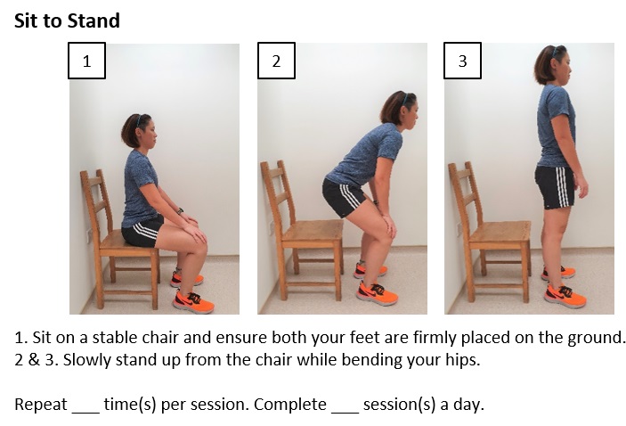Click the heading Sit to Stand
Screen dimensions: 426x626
[x=67, y=20]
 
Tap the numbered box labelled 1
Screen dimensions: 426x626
[x=87, y=61]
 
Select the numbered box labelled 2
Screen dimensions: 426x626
[x=276, y=61]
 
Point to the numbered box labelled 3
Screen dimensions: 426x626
[x=462, y=61]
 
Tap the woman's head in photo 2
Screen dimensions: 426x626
[x=398, y=110]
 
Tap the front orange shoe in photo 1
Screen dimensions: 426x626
[x=193, y=302]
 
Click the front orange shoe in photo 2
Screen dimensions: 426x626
[x=378, y=293]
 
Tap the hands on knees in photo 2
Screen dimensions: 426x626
[x=382, y=221]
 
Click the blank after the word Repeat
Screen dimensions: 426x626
[x=85, y=405]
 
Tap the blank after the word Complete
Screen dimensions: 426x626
[x=345, y=405]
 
